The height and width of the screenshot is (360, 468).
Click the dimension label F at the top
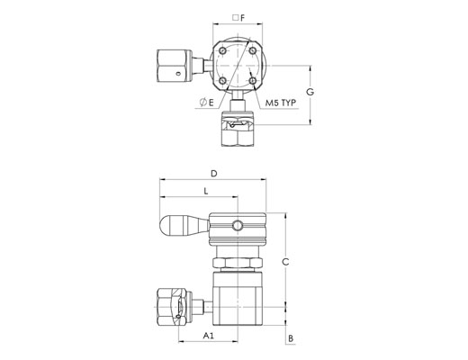[x=243, y=18]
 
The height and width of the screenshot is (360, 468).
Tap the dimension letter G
[x=310, y=92]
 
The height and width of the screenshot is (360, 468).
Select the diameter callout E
[x=207, y=103]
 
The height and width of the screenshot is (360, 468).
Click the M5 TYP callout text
[x=281, y=103]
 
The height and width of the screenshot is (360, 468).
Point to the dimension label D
[x=213, y=174]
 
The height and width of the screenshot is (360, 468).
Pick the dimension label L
[x=206, y=191]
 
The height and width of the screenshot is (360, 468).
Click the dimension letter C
[x=285, y=262]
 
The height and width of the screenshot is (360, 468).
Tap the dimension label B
[x=291, y=338]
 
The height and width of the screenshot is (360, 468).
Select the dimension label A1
[x=209, y=336]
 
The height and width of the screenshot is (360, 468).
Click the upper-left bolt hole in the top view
[x=222, y=50]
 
